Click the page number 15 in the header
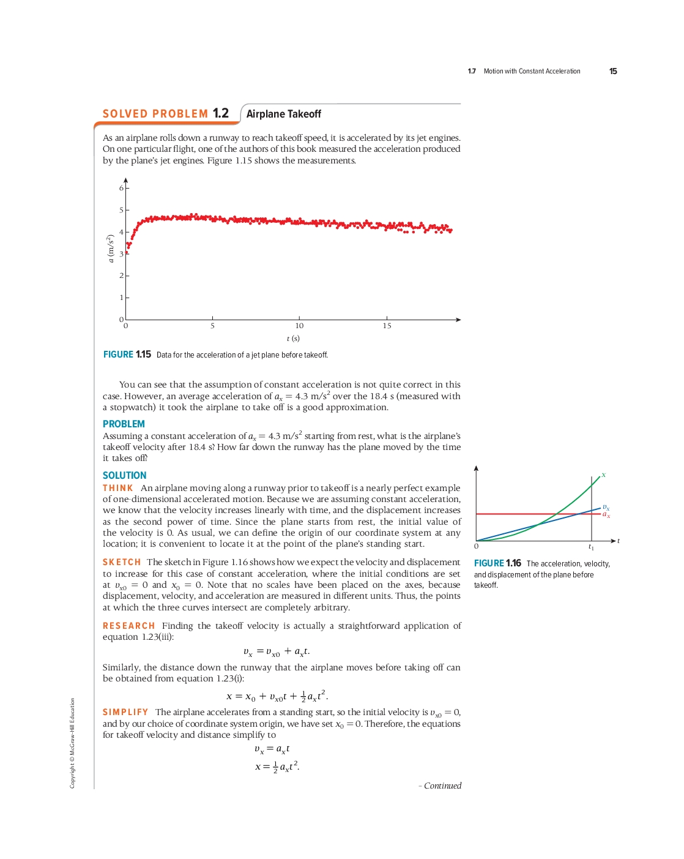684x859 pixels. point(613,72)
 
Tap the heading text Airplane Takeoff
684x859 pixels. point(283,114)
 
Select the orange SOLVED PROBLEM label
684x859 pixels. point(155,114)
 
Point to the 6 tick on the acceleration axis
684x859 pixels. point(121,188)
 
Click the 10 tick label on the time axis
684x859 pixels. point(299,326)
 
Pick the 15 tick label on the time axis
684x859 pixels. point(387,326)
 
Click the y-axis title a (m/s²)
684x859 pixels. point(111,249)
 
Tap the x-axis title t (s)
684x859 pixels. point(293,339)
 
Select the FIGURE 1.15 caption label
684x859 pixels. point(127,354)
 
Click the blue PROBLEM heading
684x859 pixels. point(124,424)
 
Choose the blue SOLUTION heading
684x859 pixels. point(124,476)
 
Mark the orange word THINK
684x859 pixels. point(117,488)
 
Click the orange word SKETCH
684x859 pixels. point(122,562)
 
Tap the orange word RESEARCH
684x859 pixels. point(128,626)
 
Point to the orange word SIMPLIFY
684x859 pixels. point(125,712)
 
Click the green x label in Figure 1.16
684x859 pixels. point(603,475)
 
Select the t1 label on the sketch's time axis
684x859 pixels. point(591,547)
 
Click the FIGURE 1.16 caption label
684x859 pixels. point(497,563)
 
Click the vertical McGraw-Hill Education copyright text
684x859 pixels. point(72,743)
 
